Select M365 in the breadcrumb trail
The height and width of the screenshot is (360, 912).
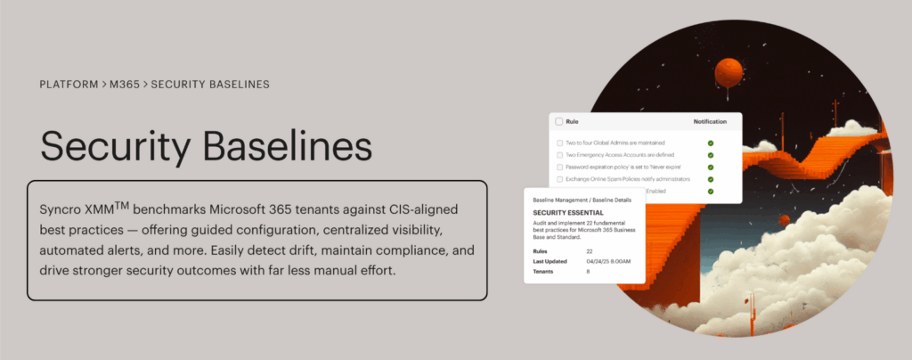tap(125, 85)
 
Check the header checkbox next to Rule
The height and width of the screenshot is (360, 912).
tap(559, 121)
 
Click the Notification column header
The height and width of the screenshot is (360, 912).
tap(710, 121)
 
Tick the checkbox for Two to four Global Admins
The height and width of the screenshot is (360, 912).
tap(559, 143)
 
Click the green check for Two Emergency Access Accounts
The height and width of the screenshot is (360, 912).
tap(710, 155)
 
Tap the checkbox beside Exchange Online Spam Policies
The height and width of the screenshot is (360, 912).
tap(559, 179)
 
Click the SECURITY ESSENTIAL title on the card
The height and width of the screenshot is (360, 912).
tap(567, 214)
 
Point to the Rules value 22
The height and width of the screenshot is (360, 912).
tap(589, 251)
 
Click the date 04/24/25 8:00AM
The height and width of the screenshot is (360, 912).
tap(609, 262)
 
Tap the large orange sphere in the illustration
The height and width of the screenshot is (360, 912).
tap(729, 71)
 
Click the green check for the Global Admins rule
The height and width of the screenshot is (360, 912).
tap(710, 143)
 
